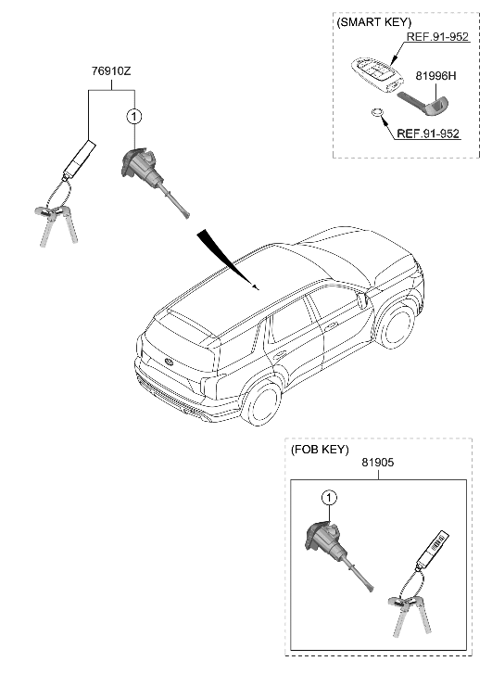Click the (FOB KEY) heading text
point(320,450)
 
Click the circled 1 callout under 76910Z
point(135,117)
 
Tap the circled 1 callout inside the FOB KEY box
point(326,499)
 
